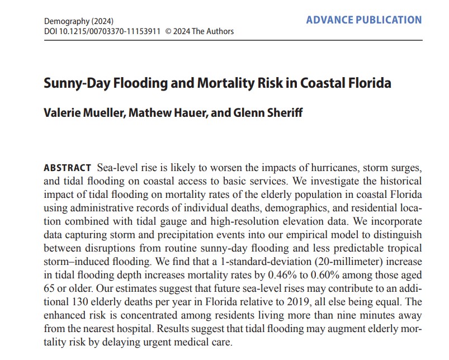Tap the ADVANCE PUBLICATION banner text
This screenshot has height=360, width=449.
point(364,20)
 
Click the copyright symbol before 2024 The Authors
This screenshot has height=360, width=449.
point(169,31)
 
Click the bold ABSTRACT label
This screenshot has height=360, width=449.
point(67,168)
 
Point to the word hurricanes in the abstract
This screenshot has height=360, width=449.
point(314,168)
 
